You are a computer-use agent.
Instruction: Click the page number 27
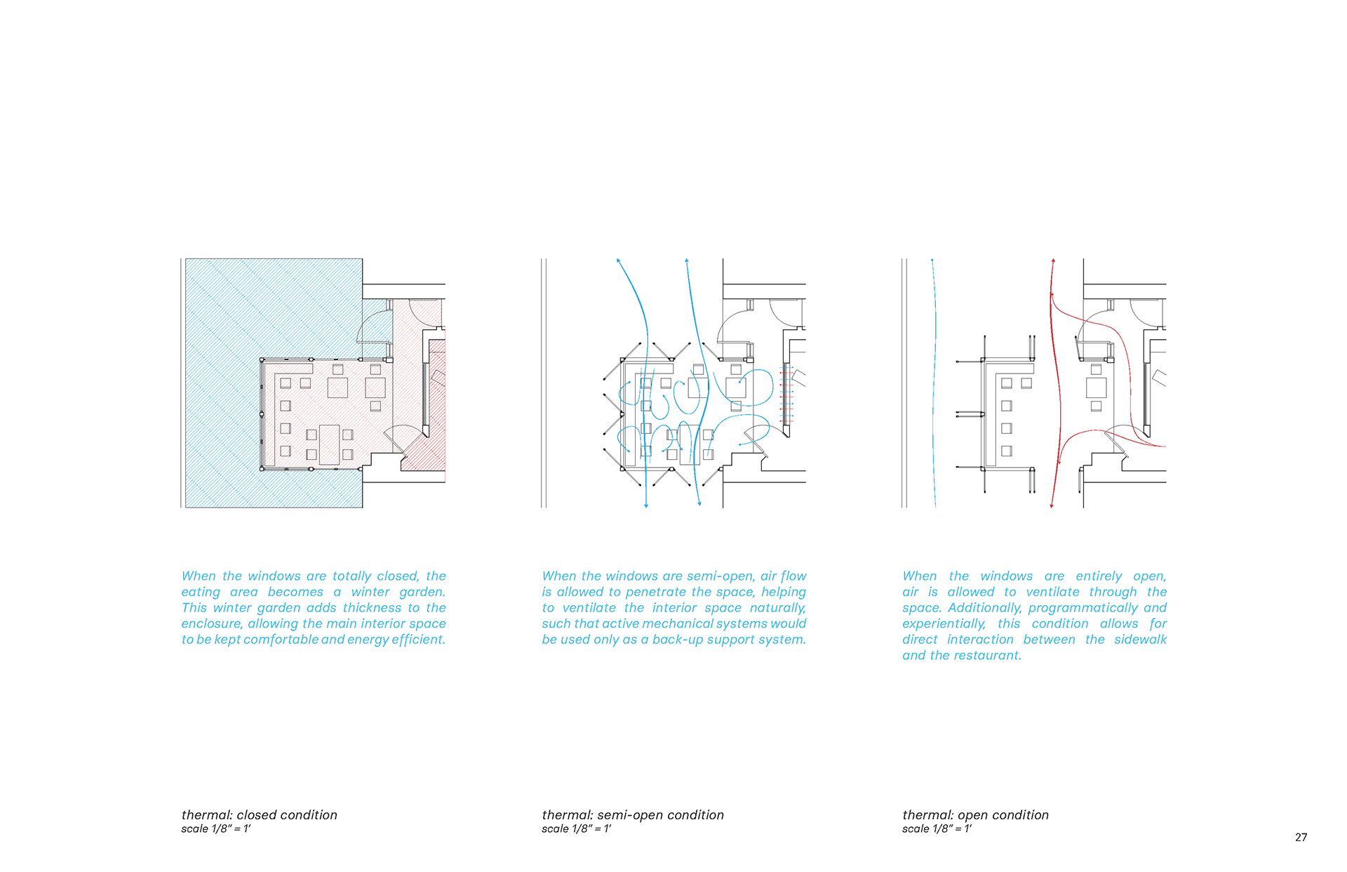click(1301, 837)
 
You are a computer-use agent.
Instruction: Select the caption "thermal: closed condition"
click(259, 814)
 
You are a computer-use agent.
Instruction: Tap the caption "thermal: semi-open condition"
click(632, 814)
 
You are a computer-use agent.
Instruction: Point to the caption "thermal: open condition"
click(975, 814)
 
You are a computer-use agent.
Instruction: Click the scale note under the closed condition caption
click(215, 828)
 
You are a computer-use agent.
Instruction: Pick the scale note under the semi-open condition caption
click(576, 828)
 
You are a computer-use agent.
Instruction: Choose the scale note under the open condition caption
click(937, 828)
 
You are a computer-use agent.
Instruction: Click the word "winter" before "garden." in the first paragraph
click(370, 592)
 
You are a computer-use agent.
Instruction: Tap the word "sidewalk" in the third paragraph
click(1140, 640)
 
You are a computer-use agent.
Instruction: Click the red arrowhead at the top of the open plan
click(1053, 261)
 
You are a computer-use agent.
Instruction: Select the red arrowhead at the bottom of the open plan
click(1051, 505)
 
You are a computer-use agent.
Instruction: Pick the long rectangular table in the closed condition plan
click(329, 444)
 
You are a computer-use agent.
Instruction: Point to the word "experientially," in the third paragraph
click(944, 624)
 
